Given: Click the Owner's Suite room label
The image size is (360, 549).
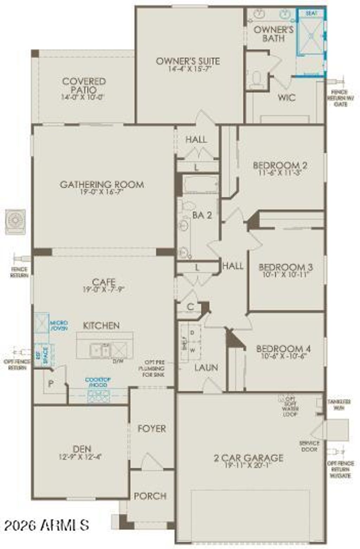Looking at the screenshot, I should click(188, 61).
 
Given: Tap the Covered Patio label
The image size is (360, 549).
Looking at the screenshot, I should click(84, 85).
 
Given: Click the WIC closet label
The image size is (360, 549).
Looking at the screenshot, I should click(287, 97).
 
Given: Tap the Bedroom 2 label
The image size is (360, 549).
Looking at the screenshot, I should click(280, 165).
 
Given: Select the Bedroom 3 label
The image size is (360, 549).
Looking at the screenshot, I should click(285, 267).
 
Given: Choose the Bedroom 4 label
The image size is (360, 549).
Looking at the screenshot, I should click(283, 349).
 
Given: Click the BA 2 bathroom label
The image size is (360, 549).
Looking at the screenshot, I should click(202, 215).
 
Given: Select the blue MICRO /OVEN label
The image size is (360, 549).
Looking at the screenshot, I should click(59, 325).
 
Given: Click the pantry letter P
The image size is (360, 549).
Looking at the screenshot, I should click(51, 383).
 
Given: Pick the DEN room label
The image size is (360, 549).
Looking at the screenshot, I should click(82, 449).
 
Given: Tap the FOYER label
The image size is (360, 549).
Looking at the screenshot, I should click(152, 428).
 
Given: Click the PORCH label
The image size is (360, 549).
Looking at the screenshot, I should click(150, 496).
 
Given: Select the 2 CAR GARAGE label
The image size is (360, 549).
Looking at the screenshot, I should click(248, 458).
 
